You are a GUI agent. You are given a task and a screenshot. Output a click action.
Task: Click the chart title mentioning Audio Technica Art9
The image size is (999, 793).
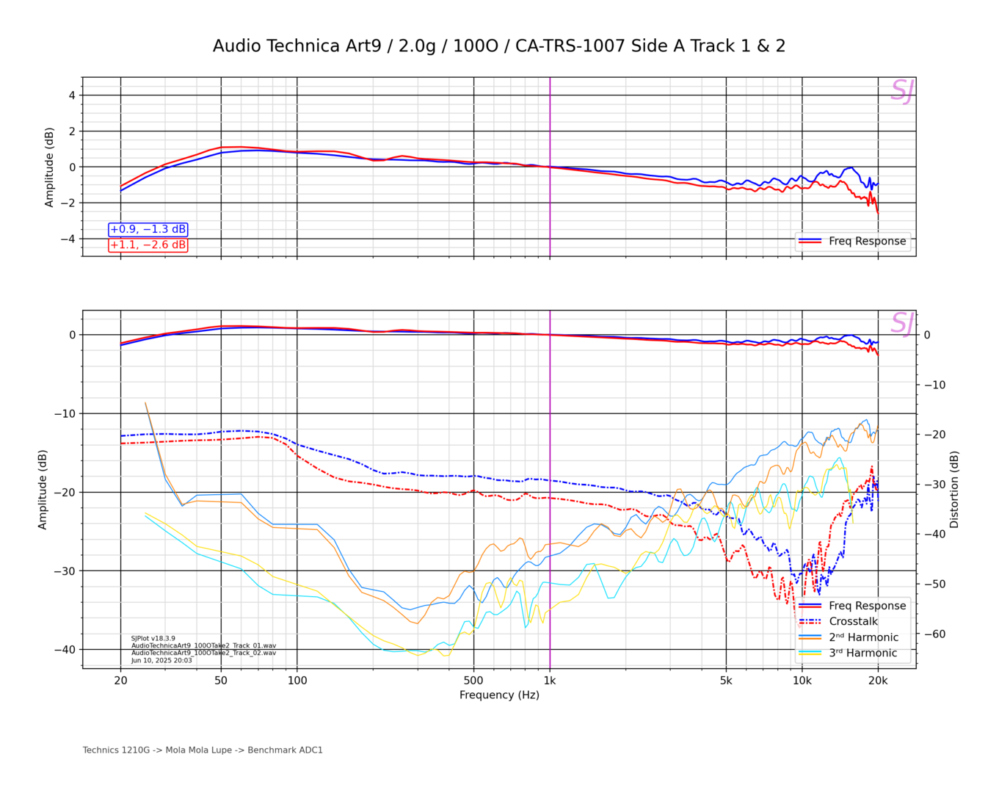click(499, 46)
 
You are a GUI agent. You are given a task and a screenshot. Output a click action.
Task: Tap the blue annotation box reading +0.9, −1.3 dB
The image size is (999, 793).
click(148, 230)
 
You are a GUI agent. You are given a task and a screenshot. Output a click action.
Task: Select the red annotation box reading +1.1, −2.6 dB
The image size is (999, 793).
click(148, 245)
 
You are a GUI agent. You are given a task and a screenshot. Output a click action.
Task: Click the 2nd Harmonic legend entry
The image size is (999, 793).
click(863, 637)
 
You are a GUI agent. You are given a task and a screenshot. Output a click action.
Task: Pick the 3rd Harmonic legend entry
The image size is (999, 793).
click(863, 653)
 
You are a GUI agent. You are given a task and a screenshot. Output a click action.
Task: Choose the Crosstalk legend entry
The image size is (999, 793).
click(853, 621)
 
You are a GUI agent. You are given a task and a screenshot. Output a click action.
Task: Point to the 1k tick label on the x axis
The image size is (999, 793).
click(550, 680)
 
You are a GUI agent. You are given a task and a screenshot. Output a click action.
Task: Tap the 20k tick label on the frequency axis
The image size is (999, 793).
click(878, 680)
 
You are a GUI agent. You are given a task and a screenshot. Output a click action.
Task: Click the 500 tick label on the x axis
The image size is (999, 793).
click(473, 680)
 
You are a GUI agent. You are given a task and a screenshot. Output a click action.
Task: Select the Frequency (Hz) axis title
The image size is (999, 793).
click(499, 695)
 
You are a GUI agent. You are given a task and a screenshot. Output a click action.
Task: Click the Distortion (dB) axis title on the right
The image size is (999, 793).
click(954, 490)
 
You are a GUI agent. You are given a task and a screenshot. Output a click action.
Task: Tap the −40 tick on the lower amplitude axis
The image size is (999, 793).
click(65, 649)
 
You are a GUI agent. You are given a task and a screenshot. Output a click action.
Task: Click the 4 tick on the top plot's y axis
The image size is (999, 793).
click(72, 95)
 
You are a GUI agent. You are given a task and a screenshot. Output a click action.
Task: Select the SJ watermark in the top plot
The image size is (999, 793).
click(902, 91)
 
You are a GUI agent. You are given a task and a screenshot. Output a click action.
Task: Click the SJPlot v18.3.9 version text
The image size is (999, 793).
click(153, 639)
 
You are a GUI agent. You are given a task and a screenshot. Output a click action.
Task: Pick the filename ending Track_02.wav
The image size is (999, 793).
click(203, 653)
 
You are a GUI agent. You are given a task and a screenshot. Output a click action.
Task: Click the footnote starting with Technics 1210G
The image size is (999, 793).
click(203, 750)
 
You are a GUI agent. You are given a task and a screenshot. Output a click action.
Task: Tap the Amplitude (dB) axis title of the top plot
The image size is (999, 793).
click(49, 167)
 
